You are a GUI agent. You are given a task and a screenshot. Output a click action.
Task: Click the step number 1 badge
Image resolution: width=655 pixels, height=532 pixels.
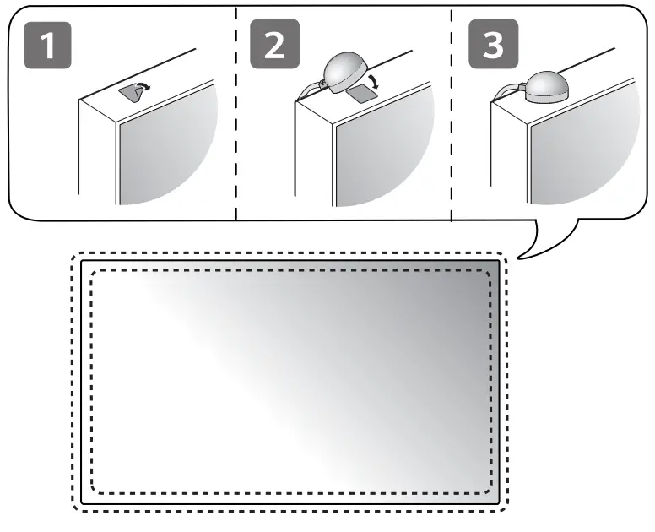[50, 46]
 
